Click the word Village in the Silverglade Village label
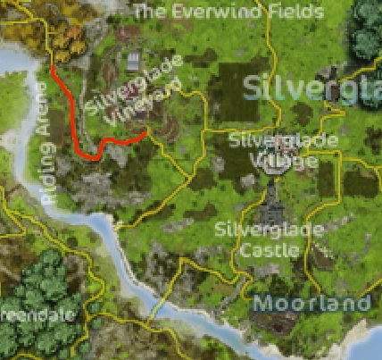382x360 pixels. [271, 161]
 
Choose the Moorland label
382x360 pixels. [311, 304]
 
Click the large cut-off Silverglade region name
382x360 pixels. [313, 88]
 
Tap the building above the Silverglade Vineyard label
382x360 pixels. [134, 63]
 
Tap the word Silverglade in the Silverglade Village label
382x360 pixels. [271, 141]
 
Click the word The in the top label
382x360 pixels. [149, 12]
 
